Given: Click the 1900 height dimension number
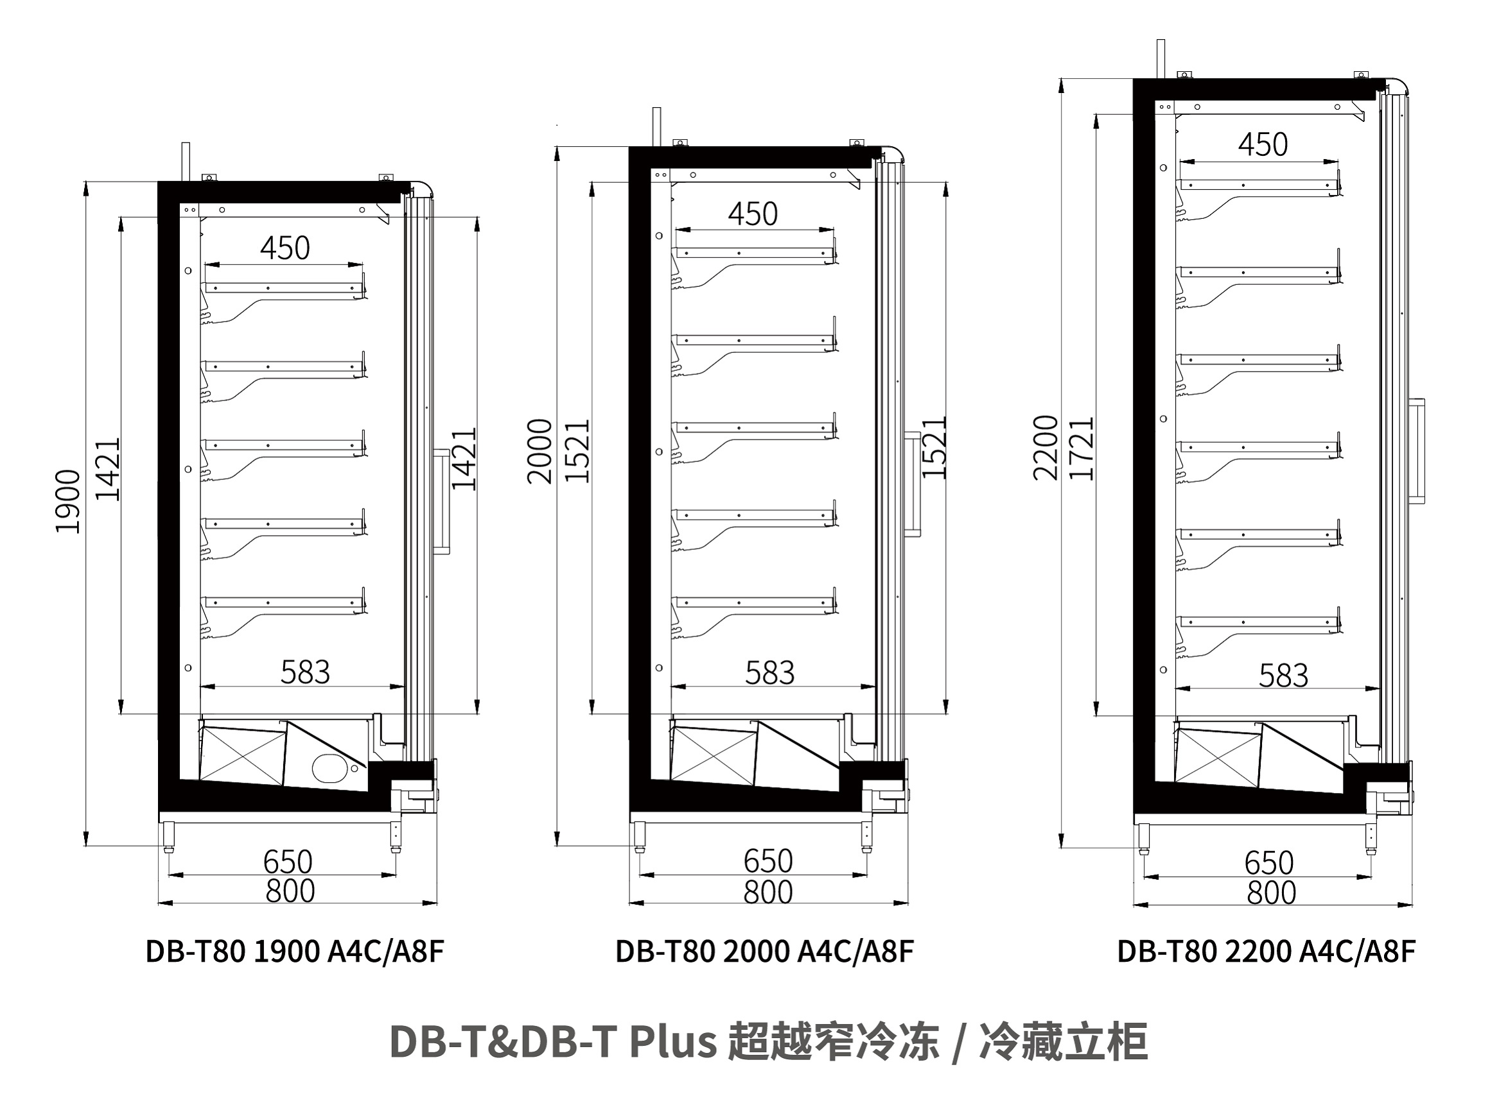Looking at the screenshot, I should click(68, 501).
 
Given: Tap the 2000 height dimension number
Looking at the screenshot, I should click(539, 451).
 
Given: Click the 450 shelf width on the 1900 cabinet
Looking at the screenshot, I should click(285, 248).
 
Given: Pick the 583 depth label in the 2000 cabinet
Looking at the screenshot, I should click(770, 672).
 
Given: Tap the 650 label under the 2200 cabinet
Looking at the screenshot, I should click(1269, 864).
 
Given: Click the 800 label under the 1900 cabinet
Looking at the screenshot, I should click(290, 892).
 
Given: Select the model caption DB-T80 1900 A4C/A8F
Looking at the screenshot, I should click(295, 952).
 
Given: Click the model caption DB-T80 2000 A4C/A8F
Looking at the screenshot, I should click(764, 952).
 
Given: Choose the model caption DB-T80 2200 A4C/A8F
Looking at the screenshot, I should click(1266, 952).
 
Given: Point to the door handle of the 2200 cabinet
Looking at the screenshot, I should click(1417, 451).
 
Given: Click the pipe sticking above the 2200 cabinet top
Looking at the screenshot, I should click(1161, 59).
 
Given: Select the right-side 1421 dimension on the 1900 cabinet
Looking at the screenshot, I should click(464, 458).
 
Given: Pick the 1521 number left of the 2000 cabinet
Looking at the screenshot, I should click(577, 451).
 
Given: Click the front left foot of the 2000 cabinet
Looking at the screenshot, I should click(640, 837).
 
